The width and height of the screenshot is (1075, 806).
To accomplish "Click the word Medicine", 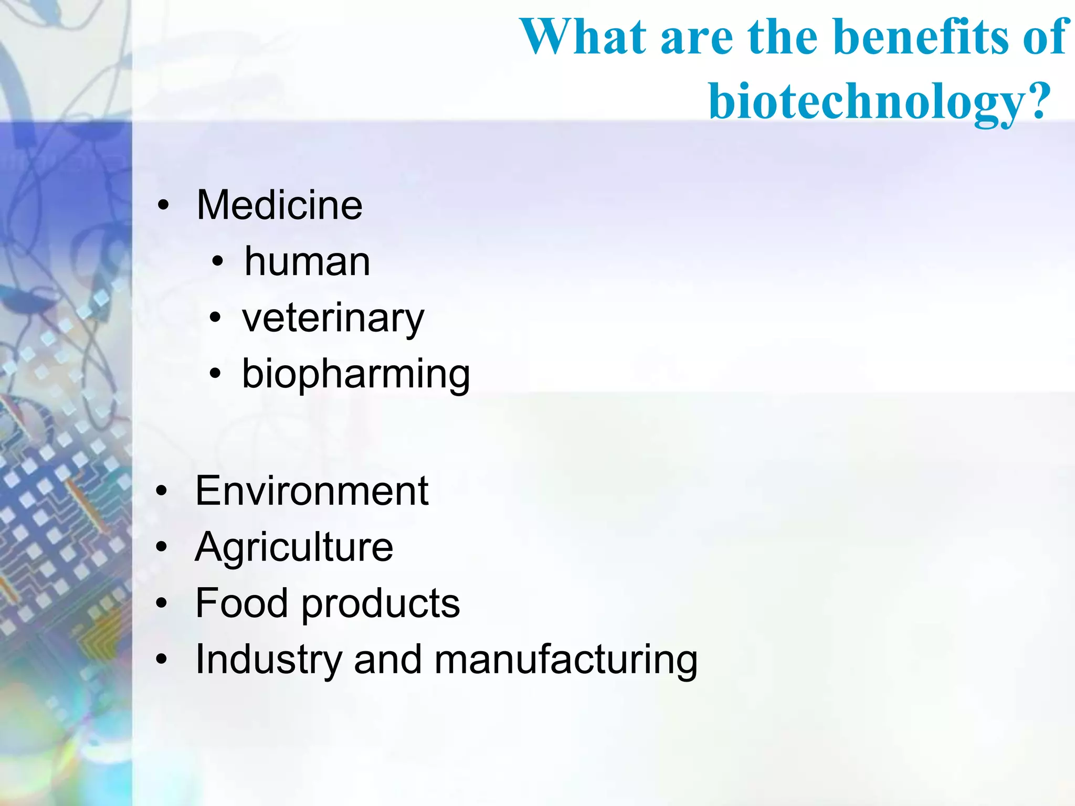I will pos(279,205).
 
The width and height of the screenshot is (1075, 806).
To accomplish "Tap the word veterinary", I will pos(333,318).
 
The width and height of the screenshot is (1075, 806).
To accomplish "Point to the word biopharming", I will pos(356,374).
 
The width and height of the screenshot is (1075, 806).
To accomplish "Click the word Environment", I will pos(312,491).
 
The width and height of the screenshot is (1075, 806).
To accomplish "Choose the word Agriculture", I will pos(294,547).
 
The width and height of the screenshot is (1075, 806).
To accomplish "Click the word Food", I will pos(241,603).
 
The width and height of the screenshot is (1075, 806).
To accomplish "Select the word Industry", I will pos(268,660).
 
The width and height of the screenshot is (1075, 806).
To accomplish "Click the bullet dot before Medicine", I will pos(164,206).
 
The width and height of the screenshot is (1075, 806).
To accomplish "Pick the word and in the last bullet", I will pos(387,660).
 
